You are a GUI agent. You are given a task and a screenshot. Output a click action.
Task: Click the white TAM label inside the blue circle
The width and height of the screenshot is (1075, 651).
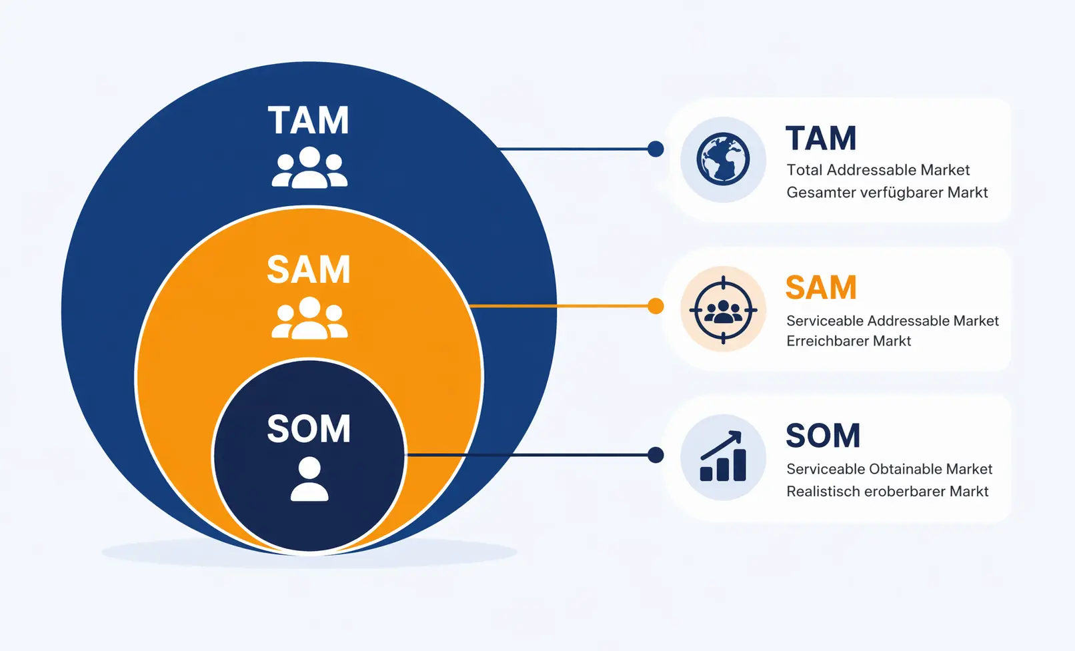309,121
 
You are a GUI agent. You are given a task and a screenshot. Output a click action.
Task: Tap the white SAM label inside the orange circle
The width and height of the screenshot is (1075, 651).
309,269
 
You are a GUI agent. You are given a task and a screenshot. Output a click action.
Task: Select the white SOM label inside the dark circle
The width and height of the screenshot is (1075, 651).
309,428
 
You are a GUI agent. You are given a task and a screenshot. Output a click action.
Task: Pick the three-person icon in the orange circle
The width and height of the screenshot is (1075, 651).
309,318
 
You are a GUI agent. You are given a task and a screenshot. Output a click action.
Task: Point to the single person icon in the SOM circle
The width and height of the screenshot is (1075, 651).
309,479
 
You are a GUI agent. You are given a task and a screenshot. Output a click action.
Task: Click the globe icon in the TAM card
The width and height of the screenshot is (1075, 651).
723,159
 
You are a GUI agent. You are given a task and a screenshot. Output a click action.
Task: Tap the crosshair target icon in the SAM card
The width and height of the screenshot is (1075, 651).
723,310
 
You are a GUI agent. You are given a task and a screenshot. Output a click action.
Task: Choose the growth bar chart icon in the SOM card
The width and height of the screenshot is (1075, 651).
723,457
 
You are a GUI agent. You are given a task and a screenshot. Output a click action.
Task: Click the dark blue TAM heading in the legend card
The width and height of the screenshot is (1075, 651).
821,139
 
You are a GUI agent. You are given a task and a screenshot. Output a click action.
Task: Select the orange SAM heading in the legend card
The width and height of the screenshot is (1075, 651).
821,288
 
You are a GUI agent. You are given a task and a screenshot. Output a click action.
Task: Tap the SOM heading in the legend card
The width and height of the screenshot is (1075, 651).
823,436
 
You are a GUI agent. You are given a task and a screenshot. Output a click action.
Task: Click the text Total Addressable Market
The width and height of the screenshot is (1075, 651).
878,170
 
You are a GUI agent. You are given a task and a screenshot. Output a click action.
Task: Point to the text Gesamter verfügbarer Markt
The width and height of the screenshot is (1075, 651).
887,193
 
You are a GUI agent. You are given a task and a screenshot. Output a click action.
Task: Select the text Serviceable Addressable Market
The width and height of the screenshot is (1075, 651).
892,321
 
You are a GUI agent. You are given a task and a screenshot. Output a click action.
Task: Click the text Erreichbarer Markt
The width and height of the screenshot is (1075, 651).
848,341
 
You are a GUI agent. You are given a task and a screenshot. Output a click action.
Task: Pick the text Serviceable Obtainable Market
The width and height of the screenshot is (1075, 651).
889,469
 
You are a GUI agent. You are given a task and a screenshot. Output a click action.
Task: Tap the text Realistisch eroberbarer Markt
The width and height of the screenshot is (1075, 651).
887,492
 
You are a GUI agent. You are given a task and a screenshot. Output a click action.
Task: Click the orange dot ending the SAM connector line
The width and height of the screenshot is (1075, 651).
656,306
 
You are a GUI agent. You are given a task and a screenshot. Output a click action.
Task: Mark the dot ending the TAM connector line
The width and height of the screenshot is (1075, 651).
656,149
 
